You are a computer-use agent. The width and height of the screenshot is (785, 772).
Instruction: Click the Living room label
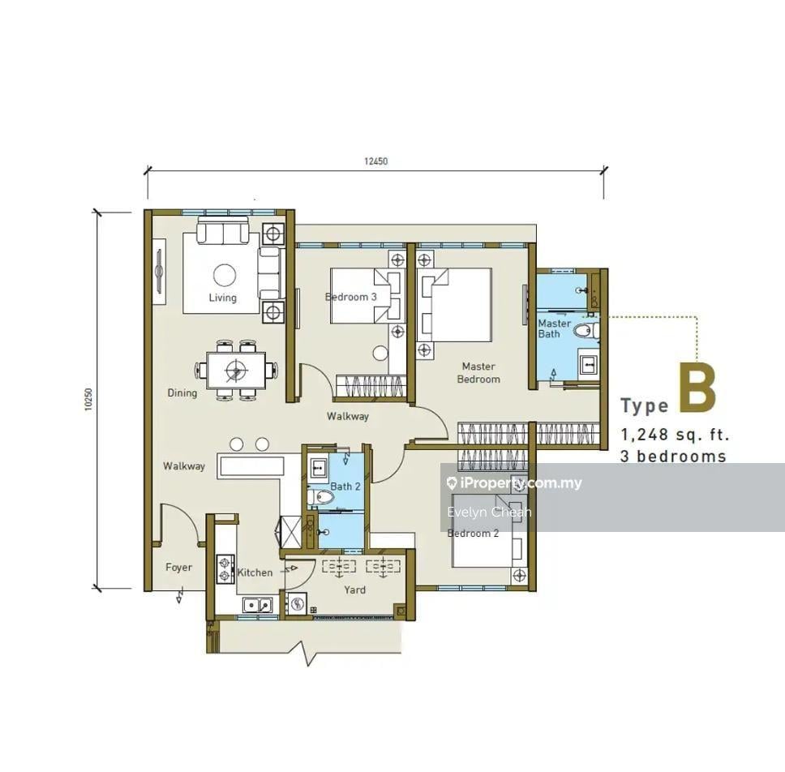click(223, 298)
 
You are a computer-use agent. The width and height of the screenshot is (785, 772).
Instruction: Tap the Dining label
click(182, 393)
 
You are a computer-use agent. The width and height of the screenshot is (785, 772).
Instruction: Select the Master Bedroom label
click(478, 373)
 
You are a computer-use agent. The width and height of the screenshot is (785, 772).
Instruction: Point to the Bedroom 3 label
click(351, 297)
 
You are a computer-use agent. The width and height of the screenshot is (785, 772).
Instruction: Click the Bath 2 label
click(345, 486)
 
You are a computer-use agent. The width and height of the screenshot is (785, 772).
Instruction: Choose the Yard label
click(355, 590)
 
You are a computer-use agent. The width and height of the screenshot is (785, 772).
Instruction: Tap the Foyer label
click(178, 567)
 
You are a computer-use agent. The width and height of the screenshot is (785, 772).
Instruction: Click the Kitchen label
click(255, 573)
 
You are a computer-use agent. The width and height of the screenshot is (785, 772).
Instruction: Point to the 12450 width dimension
click(376, 161)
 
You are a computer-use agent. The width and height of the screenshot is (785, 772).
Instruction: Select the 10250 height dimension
click(88, 400)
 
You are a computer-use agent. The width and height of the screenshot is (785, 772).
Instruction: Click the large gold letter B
click(697, 388)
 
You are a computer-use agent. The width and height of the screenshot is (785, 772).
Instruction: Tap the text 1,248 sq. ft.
click(675, 435)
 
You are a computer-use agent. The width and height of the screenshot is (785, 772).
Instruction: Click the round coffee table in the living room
click(225, 275)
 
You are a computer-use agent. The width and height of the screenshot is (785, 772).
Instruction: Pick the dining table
click(236, 370)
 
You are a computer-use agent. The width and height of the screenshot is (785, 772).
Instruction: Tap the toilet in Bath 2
click(321, 497)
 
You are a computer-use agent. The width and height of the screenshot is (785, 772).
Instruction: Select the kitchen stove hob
click(225, 568)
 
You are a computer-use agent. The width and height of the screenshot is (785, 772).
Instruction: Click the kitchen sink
click(258, 605)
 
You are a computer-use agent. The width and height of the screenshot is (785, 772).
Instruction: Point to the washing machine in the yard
click(296, 604)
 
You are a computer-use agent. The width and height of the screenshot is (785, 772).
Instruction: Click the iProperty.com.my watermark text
click(514, 483)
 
